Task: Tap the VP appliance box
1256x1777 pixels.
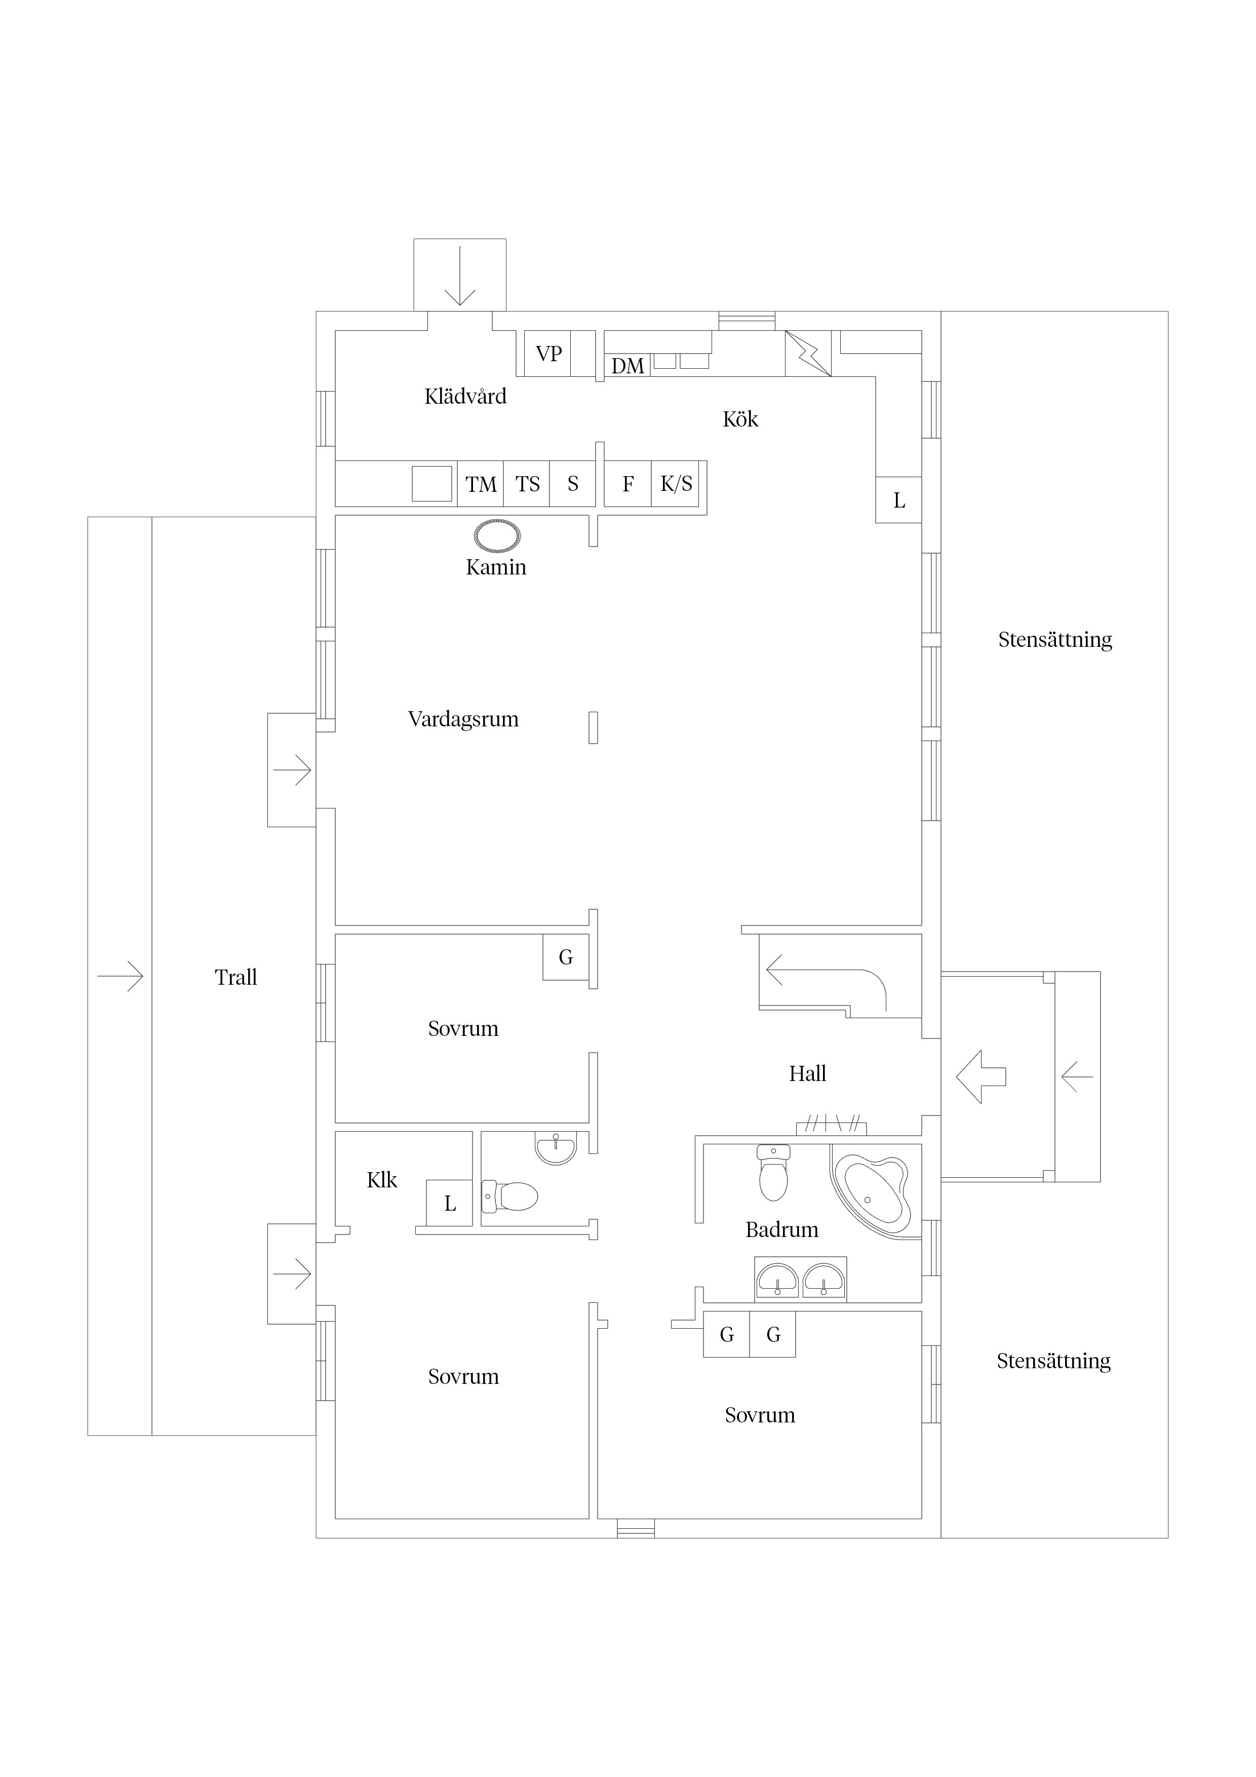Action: click(x=548, y=354)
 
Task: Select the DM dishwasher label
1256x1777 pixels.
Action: click(x=627, y=366)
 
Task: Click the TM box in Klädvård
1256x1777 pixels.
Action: click(x=481, y=484)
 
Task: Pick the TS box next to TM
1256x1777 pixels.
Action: click(x=527, y=484)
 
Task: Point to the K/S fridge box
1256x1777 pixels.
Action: click(x=677, y=484)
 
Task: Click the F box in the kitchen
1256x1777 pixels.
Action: click(x=627, y=484)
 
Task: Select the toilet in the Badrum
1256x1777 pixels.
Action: click(x=773, y=1173)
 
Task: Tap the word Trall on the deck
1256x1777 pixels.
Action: click(x=235, y=978)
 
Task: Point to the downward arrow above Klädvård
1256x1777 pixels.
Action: click(x=460, y=276)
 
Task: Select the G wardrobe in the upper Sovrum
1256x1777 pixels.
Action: click(x=566, y=957)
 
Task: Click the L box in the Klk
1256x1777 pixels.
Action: click(x=450, y=1204)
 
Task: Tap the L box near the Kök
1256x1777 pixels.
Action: click(x=898, y=501)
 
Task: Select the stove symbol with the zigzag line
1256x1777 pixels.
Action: click(x=808, y=354)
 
